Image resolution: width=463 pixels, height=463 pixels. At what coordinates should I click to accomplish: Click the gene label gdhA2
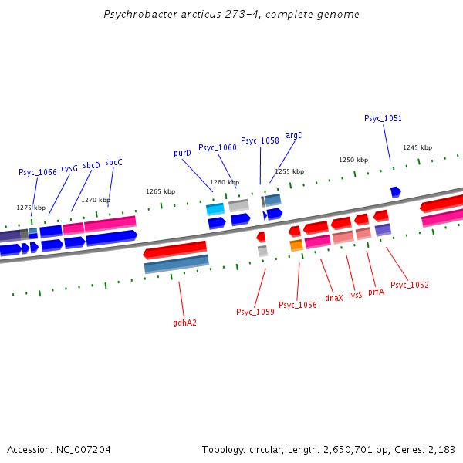(x=184, y=323)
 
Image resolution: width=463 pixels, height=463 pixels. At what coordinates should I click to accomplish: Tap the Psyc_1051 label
(x=383, y=118)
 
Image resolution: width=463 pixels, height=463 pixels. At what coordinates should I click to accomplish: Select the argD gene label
(x=294, y=135)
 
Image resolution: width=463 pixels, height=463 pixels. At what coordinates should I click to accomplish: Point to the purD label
(x=182, y=154)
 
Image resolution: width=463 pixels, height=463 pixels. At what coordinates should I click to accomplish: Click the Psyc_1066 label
(x=38, y=172)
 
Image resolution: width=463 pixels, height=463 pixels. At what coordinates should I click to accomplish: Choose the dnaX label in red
(x=333, y=297)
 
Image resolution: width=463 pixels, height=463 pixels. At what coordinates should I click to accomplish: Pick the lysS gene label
(x=355, y=295)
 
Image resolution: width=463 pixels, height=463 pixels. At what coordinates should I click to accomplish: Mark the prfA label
(x=376, y=292)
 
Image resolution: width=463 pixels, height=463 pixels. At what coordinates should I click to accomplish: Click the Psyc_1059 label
(x=255, y=312)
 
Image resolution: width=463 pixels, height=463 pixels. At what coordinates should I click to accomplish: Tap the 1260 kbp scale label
(x=225, y=182)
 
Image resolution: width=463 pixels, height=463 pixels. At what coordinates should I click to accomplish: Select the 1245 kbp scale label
(x=417, y=147)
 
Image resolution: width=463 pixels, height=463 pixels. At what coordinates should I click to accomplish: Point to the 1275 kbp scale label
(x=31, y=208)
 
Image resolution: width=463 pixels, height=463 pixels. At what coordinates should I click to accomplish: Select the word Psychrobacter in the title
(x=139, y=15)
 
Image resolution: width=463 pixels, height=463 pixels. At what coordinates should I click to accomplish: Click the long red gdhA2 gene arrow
(x=175, y=249)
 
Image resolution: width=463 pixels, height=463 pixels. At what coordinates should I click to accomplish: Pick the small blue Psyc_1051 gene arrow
(x=395, y=191)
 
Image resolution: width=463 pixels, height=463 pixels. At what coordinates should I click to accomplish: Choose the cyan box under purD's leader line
(x=215, y=208)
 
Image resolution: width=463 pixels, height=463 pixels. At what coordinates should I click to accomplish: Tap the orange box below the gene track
(x=296, y=245)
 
